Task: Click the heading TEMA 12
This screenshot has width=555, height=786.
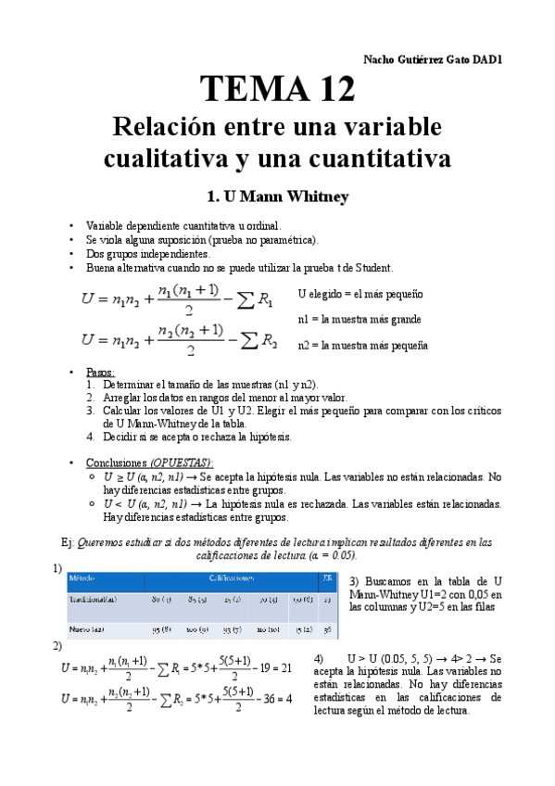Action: [x=278, y=89]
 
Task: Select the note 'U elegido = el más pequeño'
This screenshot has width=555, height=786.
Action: [x=359, y=294]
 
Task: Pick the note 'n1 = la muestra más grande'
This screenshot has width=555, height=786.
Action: [x=359, y=319]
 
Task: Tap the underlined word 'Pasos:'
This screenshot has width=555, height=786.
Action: [x=100, y=372]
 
